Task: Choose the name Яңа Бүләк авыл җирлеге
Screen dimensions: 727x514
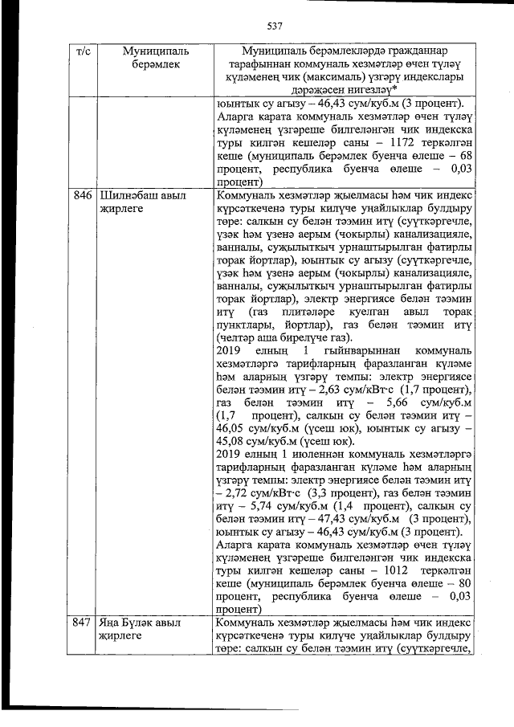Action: click(140, 630)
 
